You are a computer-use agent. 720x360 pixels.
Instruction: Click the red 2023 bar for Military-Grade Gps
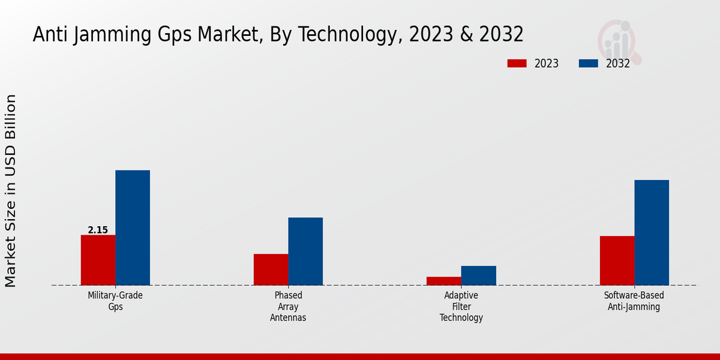98,260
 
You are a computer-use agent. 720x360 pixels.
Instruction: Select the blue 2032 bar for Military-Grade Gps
133,227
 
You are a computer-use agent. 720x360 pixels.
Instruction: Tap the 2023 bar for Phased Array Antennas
271,269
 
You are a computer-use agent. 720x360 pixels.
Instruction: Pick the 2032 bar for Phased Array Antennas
305,251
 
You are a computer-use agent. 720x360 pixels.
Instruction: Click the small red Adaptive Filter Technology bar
444,281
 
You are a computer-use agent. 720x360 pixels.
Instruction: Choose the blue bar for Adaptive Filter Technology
479,275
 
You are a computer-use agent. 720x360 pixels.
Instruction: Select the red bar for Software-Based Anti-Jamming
617,260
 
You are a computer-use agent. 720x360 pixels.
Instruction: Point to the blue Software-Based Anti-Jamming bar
652,232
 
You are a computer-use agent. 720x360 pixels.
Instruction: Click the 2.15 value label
98,230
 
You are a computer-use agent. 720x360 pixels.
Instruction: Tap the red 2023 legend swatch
517,64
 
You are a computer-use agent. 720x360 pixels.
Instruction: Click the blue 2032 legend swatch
589,64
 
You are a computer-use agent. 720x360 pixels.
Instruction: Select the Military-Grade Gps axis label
115,301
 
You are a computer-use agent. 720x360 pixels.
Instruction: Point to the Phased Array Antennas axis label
288,306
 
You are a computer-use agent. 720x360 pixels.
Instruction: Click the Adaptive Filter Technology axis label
461,306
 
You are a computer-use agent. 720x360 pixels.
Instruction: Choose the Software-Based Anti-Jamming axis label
634,301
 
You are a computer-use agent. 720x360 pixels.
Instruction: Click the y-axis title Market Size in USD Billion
11,190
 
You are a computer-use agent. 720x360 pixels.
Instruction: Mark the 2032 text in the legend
617,64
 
